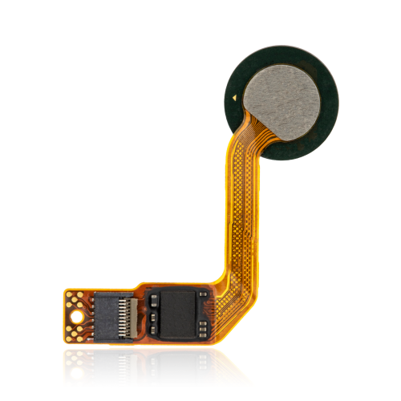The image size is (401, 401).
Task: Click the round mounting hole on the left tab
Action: click(77, 316)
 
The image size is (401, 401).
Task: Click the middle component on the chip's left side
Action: click(152, 314)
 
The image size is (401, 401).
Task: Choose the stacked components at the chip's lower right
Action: click(205, 328)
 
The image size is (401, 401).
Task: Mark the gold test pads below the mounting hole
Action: click(77, 330)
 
